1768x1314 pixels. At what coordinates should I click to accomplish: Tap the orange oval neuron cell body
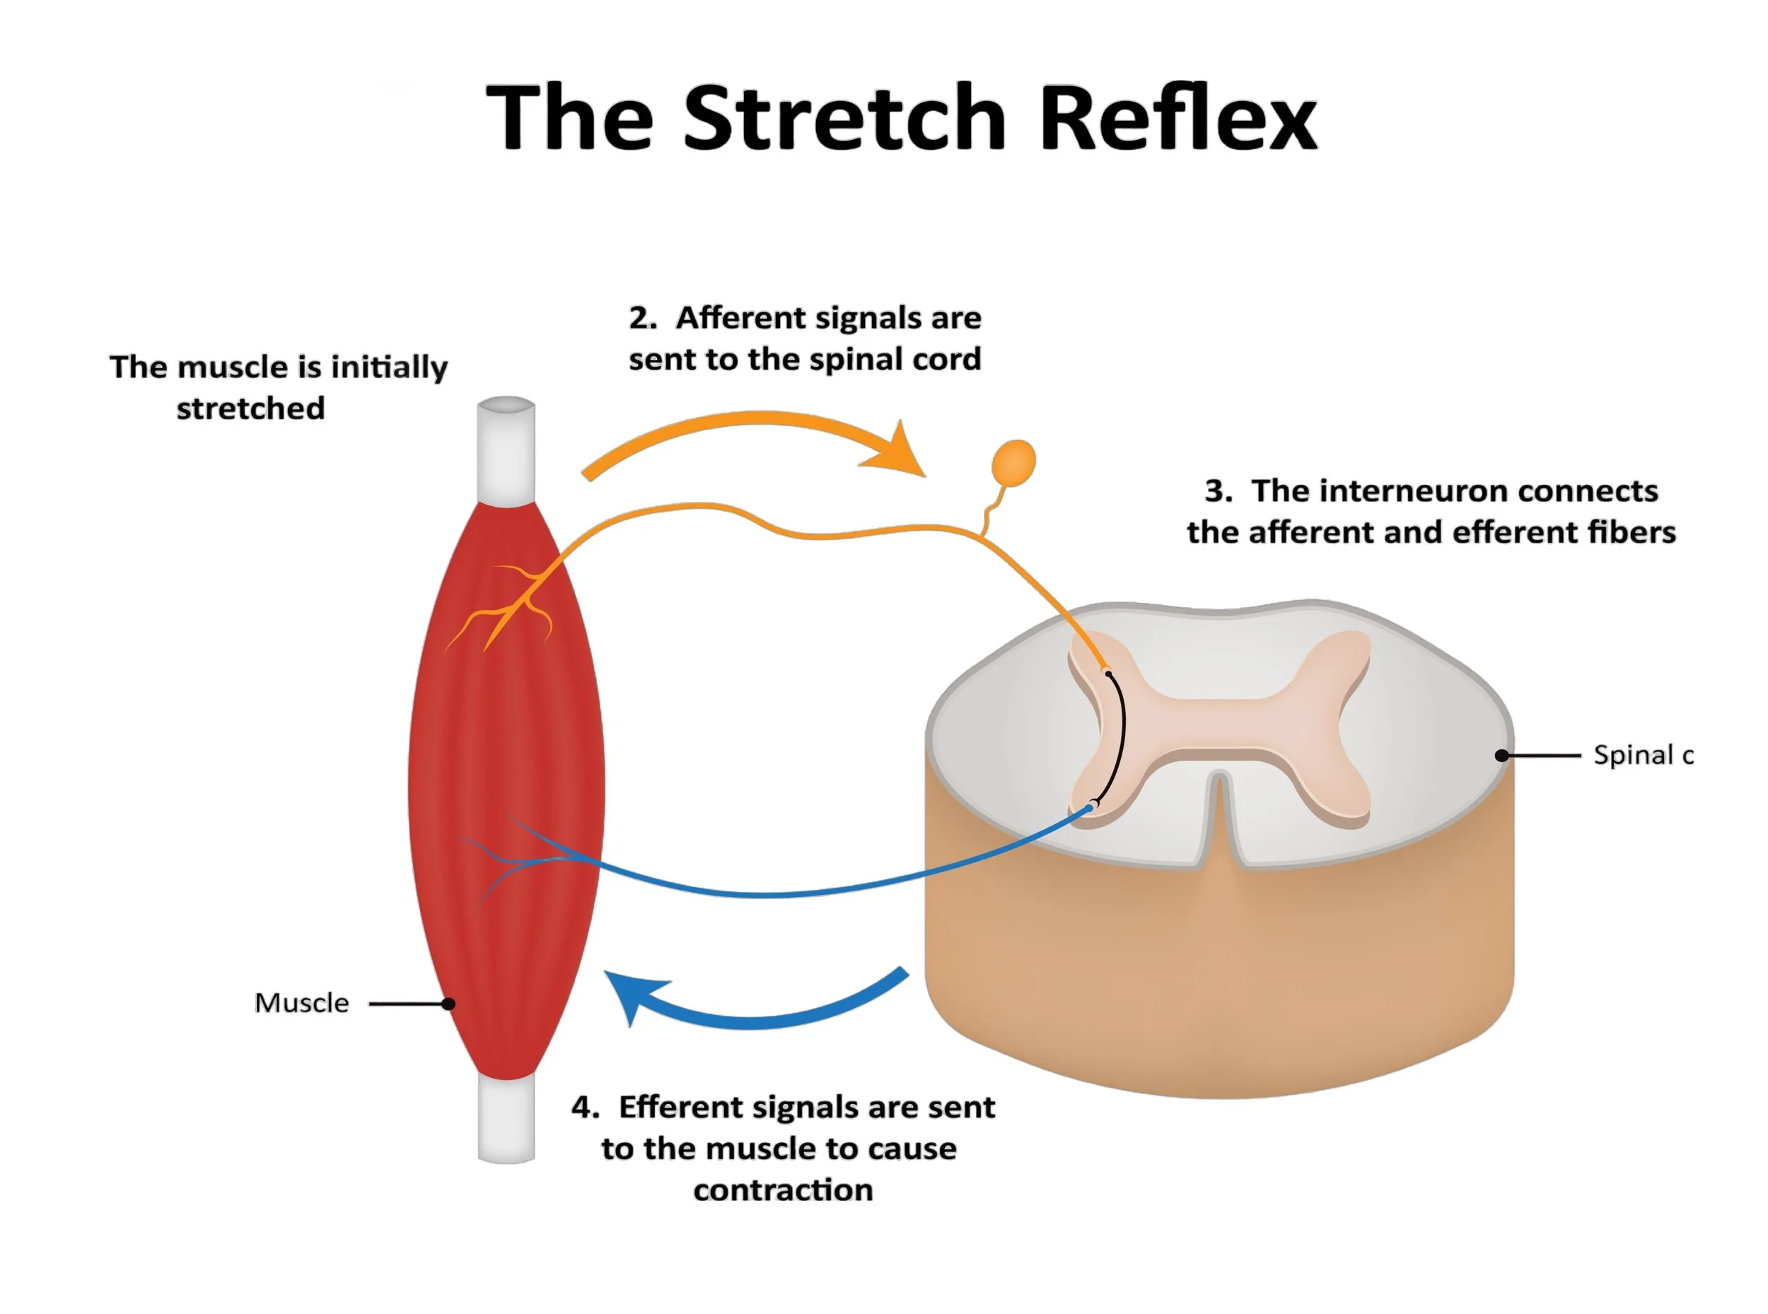tap(1013, 462)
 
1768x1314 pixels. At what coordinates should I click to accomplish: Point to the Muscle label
tap(301, 1003)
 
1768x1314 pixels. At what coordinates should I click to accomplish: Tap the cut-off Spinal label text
tap(1642, 755)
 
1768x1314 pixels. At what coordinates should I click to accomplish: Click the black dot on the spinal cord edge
tap(1501, 755)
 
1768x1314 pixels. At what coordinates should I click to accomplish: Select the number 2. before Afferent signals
tap(642, 318)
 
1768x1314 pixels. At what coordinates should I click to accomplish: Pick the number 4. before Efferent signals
tap(585, 1107)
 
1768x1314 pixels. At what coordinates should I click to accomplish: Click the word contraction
tap(783, 1190)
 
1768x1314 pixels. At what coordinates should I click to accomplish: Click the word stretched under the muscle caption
tap(250, 409)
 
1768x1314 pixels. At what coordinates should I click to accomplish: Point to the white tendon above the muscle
tap(506, 450)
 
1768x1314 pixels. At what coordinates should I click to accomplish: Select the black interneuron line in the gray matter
tap(1120, 736)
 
